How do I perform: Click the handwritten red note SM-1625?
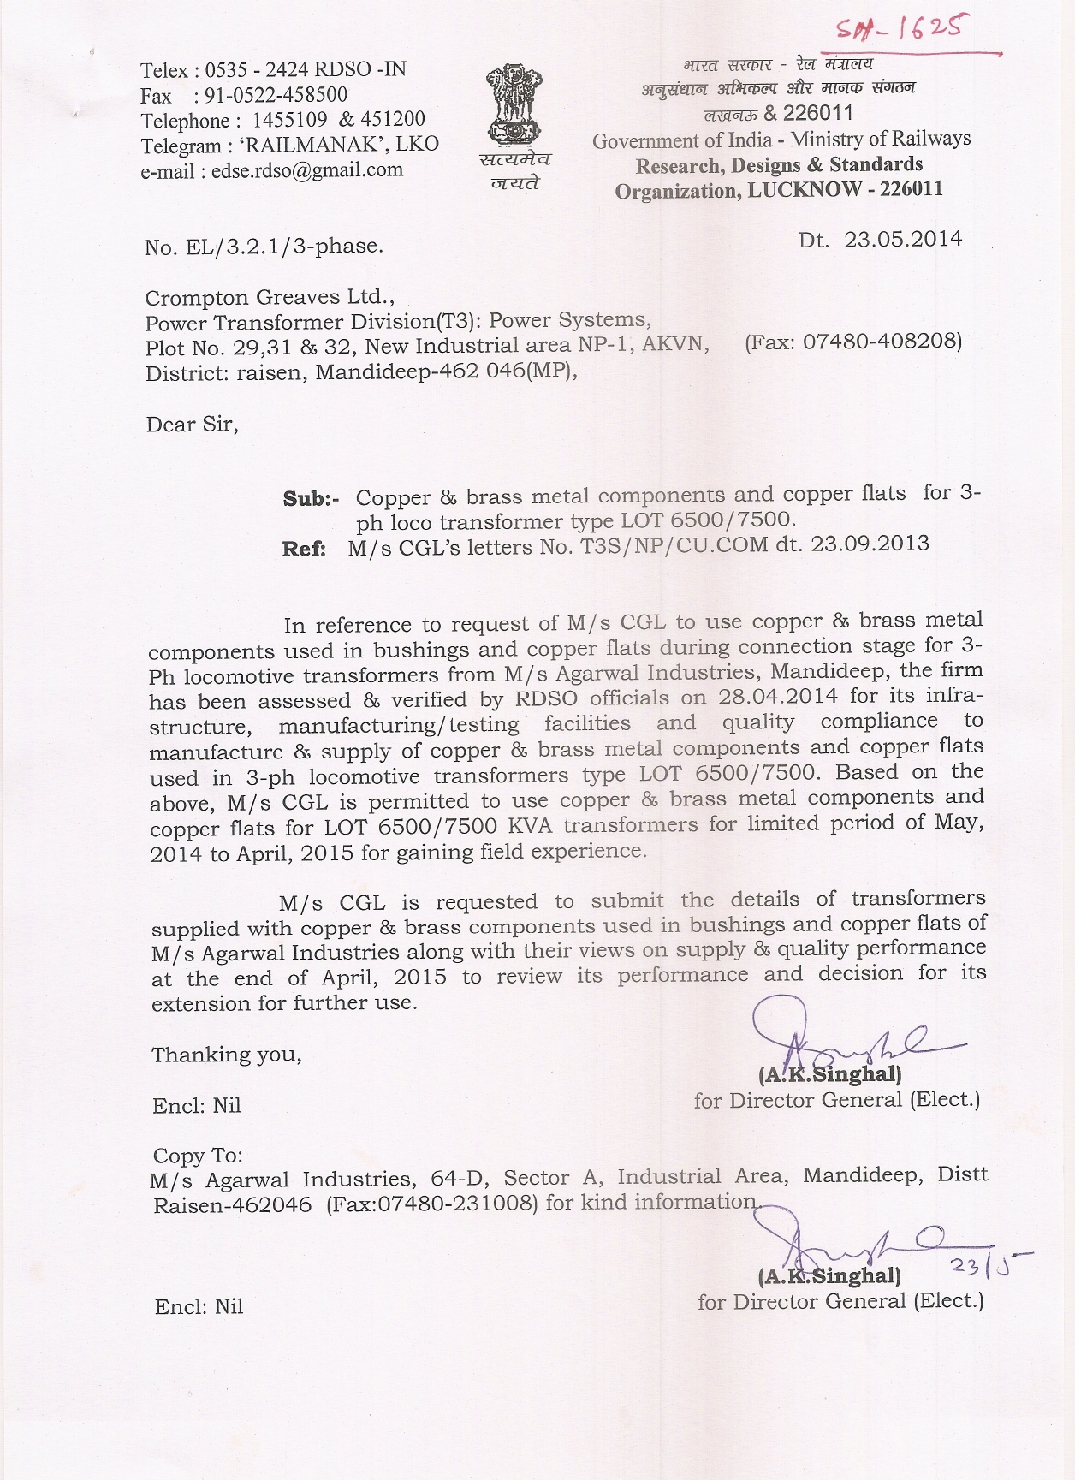click(899, 32)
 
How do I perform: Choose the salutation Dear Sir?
click(192, 425)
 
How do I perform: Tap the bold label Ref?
click(304, 549)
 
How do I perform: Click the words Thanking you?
click(227, 1055)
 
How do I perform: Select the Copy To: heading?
click(198, 1156)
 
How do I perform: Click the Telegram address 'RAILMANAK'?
click(312, 145)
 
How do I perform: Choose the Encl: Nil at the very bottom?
click(199, 1306)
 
